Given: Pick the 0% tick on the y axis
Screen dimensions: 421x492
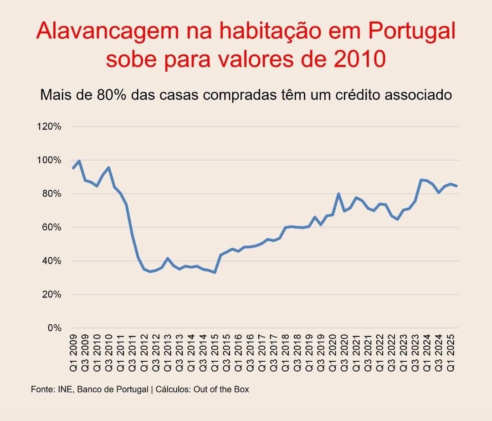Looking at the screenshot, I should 55,328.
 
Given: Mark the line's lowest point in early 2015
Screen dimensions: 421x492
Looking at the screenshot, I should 215,272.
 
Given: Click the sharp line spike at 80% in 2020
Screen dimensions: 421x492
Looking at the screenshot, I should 338,193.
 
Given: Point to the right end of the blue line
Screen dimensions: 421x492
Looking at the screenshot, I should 456,186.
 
